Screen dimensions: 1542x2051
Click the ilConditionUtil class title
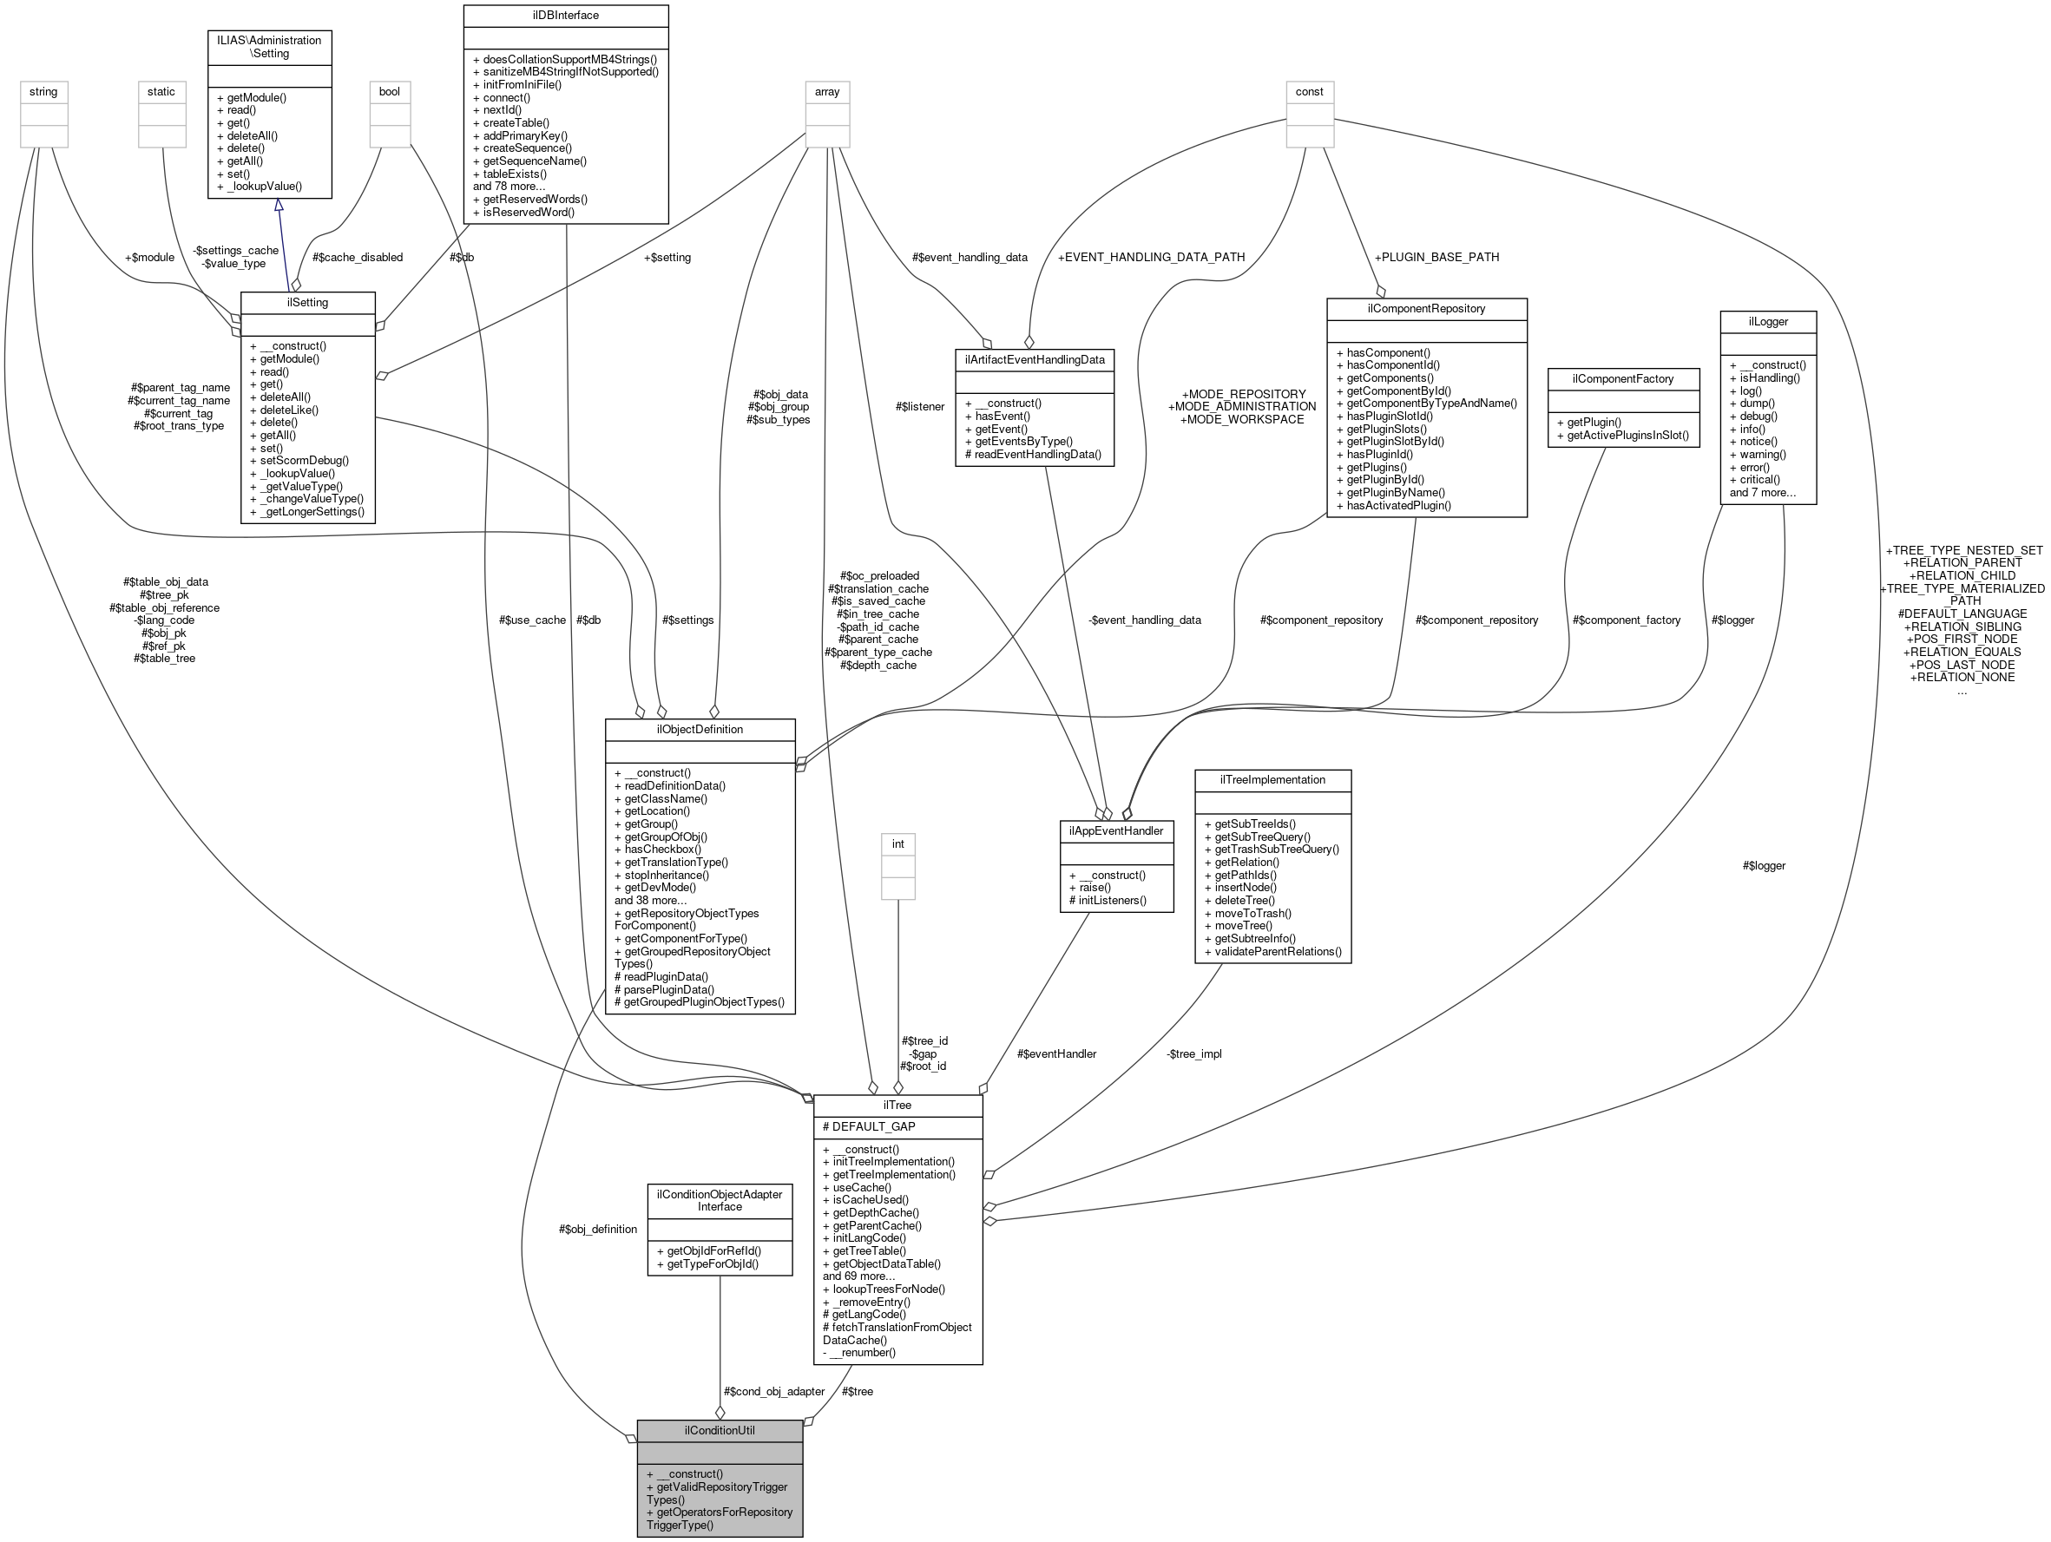pyautogui.click(x=719, y=1431)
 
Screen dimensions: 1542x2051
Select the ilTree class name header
pyautogui.click(x=897, y=1106)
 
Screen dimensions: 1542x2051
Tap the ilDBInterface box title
pyautogui.click(x=566, y=16)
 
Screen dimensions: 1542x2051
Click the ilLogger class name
pyautogui.click(x=1767, y=322)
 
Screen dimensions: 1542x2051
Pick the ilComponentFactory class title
pyautogui.click(x=1622, y=379)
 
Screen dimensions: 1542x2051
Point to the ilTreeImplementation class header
pyautogui.click(x=1272, y=780)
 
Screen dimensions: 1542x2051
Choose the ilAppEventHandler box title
pyautogui.click(x=1116, y=830)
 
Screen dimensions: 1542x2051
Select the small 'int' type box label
pyautogui.click(x=897, y=843)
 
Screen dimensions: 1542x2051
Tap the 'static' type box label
pyautogui.click(x=161, y=92)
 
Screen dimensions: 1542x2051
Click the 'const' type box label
pyautogui.click(x=1309, y=92)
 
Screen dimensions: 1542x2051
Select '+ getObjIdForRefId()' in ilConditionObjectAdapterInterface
pyautogui.click(x=708, y=1250)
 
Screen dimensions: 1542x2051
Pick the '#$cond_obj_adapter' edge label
pyautogui.click(x=773, y=1391)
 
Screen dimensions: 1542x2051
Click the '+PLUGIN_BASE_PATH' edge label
pyautogui.click(x=1436, y=257)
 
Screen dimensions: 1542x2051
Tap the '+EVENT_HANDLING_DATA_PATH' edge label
pyautogui.click(x=1151, y=257)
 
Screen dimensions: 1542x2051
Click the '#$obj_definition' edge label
pyautogui.click(x=597, y=1230)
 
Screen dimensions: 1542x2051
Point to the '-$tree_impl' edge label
pyautogui.click(x=1194, y=1053)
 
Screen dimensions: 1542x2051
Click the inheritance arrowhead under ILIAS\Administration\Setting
pyautogui.click(x=278, y=205)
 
